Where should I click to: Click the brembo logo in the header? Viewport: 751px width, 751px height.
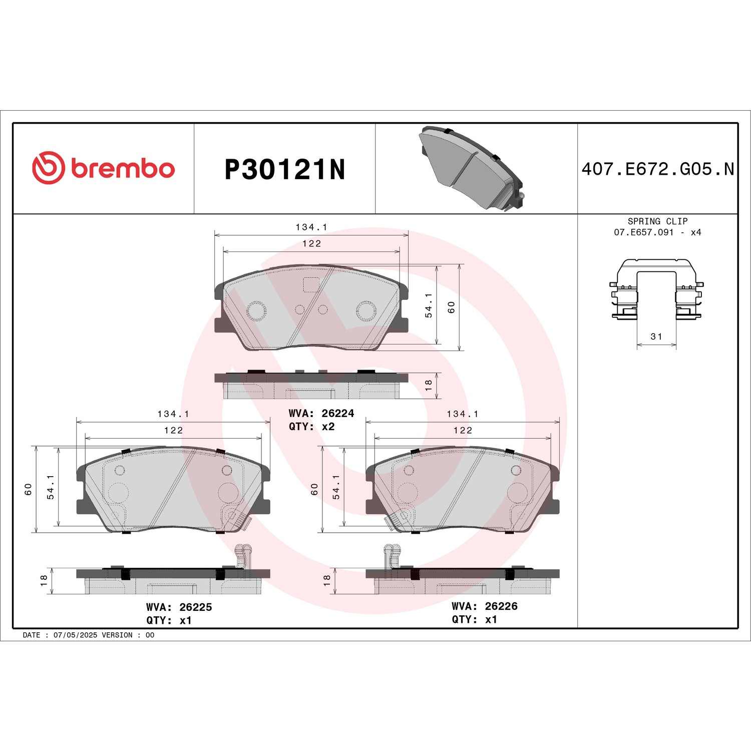click(x=104, y=168)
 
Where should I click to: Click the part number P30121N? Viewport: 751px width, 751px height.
click(x=284, y=170)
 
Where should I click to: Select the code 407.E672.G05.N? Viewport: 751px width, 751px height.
click(x=657, y=169)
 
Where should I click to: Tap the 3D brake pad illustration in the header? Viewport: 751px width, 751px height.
click(x=471, y=168)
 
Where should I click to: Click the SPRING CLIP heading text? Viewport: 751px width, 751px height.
click(x=657, y=221)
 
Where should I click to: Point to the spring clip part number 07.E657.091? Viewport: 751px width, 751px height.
click(x=643, y=232)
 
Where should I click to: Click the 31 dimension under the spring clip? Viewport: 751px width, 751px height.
click(x=656, y=336)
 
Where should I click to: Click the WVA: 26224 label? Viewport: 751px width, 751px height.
click(x=321, y=413)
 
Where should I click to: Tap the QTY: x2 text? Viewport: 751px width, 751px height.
click(x=311, y=427)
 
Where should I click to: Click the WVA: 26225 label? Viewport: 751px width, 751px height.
click(x=179, y=607)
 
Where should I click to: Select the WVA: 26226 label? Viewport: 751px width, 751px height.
click(x=484, y=606)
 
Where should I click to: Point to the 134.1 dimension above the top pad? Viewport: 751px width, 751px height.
click(x=311, y=227)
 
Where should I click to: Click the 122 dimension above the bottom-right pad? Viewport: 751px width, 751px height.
click(x=463, y=430)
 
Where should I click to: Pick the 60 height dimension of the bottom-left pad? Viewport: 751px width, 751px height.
click(x=29, y=489)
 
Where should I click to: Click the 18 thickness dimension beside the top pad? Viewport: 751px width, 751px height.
click(x=428, y=385)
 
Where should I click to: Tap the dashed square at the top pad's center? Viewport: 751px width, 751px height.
click(x=311, y=284)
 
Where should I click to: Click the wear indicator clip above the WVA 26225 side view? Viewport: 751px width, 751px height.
click(x=242, y=555)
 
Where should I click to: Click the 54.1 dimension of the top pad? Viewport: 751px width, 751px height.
click(x=429, y=305)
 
